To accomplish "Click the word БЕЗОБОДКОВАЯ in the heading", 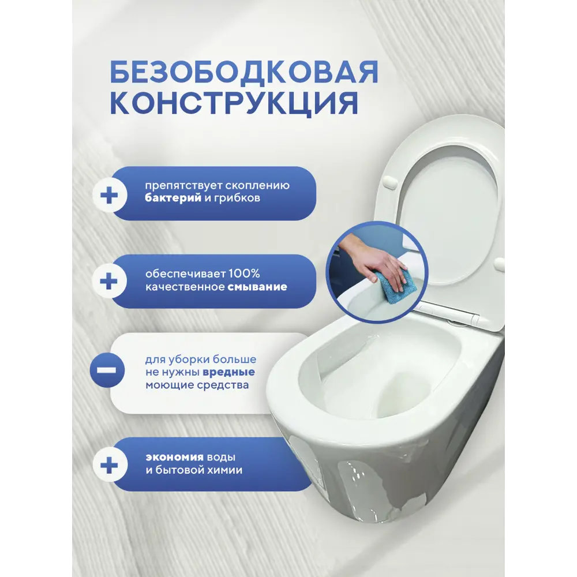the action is click(x=244, y=72).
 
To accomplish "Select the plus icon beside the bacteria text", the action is click(x=109, y=195).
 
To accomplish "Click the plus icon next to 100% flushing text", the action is click(x=109, y=282).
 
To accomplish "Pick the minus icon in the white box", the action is click(x=107, y=370).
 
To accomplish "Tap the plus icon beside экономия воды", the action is click(x=109, y=464).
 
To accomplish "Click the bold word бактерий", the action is click(x=173, y=198).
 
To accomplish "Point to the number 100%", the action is click(x=244, y=273).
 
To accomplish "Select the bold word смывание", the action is click(x=257, y=287).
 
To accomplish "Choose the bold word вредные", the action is click(x=228, y=372).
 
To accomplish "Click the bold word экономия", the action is click(x=174, y=457).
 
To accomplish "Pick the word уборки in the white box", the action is click(x=189, y=359).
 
